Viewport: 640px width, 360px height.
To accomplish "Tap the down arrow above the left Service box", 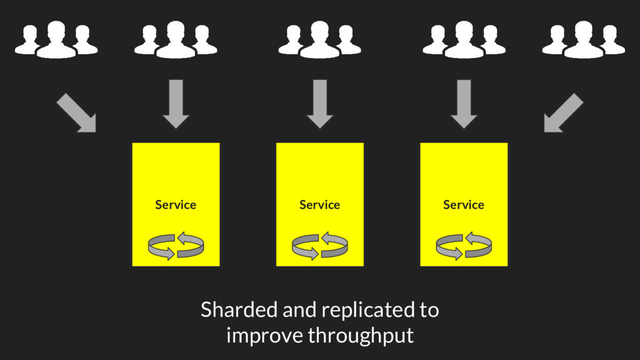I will pos(176,104).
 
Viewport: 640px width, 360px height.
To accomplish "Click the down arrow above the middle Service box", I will pos(320,104).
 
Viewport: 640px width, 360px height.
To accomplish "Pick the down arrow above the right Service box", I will pos(464,104).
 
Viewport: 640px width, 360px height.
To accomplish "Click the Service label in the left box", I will pos(176,205).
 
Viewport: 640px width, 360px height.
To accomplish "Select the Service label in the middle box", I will pos(319,205).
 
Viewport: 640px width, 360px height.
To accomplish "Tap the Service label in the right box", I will pos(464,205).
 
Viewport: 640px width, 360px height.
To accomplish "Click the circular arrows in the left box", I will pos(176,245).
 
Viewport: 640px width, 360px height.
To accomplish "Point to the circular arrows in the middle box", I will pos(319,245).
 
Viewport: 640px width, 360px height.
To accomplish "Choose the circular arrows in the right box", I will pos(464,245).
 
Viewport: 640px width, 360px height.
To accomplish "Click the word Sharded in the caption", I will pos(239,309).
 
